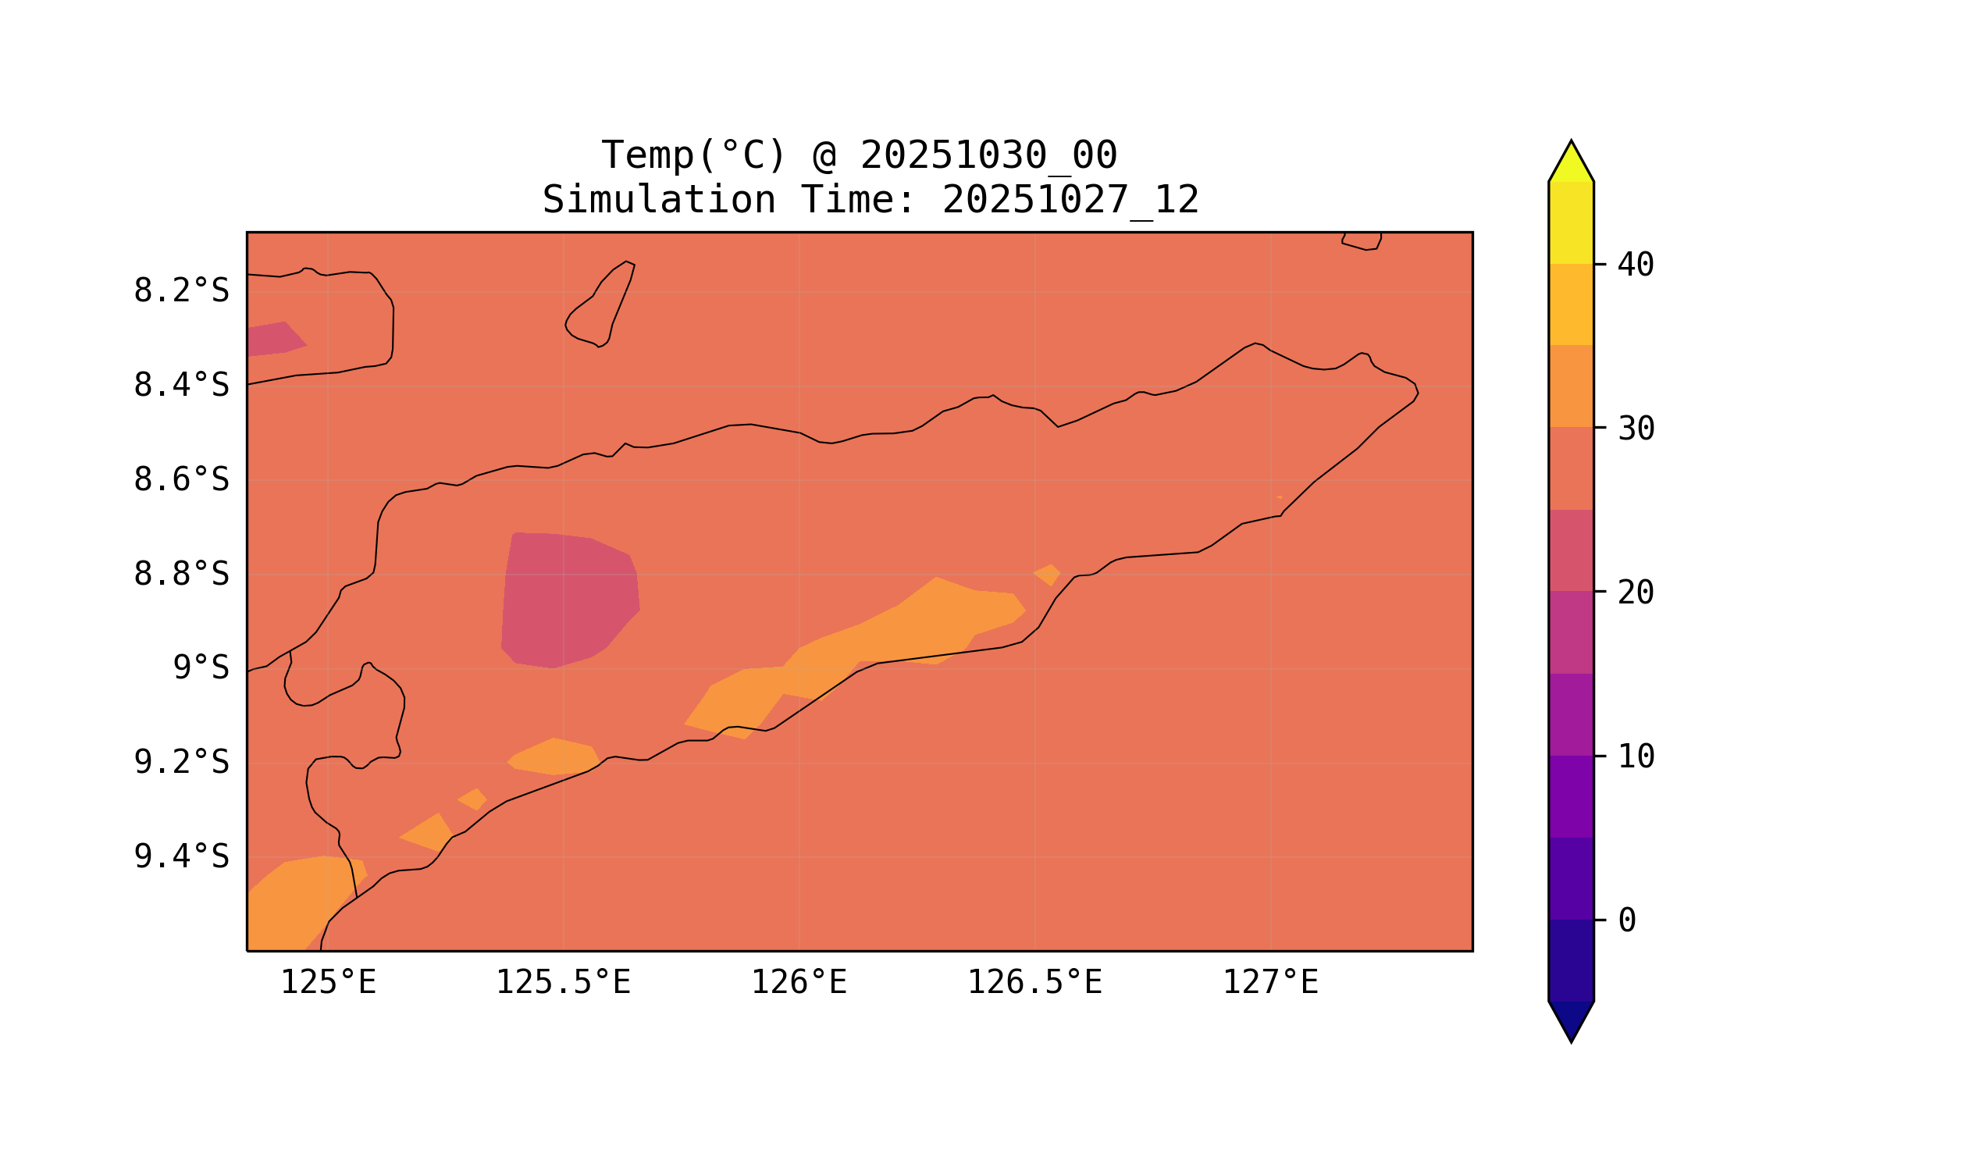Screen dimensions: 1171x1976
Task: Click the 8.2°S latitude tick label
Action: pos(180,291)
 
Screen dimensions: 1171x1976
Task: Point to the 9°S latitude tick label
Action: pos(201,667)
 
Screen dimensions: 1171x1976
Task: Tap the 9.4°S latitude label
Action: pos(180,856)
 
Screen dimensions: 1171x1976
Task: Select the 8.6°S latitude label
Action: pos(180,480)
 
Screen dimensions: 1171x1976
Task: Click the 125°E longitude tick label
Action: pos(328,982)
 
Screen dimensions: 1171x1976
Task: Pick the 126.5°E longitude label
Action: pos(1034,982)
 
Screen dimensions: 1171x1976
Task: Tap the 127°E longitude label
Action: pos(1269,982)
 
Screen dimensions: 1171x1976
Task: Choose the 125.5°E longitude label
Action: pos(563,982)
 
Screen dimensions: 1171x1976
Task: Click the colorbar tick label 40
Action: pos(1635,265)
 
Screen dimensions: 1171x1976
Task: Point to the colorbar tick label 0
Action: pos(1626,920)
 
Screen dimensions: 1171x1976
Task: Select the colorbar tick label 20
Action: pos(1635,593)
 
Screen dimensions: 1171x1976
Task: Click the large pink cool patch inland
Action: pos(568,600)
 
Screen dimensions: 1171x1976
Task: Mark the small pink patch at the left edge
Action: pos(272,340)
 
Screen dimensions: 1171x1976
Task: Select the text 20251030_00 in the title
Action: pos(988,155)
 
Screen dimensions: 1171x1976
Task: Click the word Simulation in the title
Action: pos(658,200)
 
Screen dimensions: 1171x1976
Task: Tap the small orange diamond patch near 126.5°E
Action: pos(1047,575)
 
